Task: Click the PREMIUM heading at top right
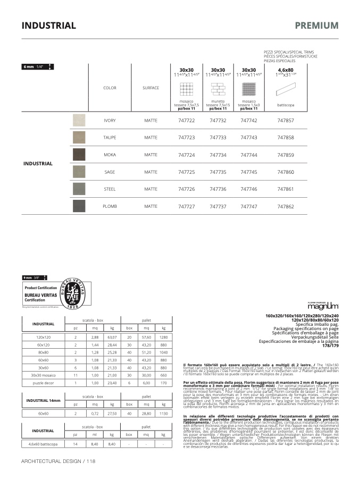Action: click(x=316, y=26)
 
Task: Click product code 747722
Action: click(x=186, y=121)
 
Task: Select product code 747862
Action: click(x=286, y=206)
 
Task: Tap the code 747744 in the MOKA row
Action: click(x=248, y=155)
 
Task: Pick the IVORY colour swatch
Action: click(x=79, y=121)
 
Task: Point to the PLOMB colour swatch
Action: click(x=79, y=206)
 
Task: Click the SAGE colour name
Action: click(x=110, y=172)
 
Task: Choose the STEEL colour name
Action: click(x=110, y=189)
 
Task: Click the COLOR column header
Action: click(x=110, y=88)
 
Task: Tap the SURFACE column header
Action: click(x=150, y=88)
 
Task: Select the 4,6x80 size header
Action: click(x=286, y=70)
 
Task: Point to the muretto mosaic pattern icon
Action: click(x=217, y=88)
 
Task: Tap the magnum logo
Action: click(x=323, y=307)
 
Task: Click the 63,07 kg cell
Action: click(x=112, y=337)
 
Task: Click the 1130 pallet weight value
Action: click(x=164, y=413)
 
